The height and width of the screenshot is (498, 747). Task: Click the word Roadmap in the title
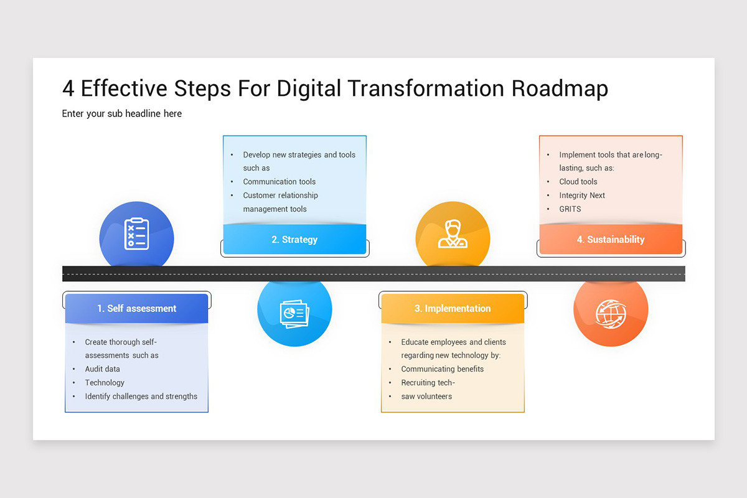tap(560, 88)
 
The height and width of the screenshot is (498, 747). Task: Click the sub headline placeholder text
tap(122, 114)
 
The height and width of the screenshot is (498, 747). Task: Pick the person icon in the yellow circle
tap(453, 235)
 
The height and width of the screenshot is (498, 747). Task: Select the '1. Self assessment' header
tap(136, 309)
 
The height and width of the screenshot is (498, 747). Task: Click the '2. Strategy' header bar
tap(294, 240)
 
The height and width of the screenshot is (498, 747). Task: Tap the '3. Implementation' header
tap(453, 309)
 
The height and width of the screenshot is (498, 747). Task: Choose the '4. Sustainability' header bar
tap(611, 240)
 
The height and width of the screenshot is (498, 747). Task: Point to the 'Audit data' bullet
tap(103, 369)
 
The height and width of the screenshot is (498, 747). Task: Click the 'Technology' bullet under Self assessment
tap(105, 383)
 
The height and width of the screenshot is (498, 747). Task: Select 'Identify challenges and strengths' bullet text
tap(141, 397)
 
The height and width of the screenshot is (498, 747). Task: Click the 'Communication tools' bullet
tap(279, 182)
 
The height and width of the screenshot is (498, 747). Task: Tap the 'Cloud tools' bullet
tap(578, 182)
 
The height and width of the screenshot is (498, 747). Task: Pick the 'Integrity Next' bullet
tap(582, 195)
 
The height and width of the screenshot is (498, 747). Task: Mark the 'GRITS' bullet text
tap(570, 209)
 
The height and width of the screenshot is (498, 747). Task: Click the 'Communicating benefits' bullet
tap(442, 369)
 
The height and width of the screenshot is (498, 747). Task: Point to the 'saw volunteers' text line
tap(426, 397)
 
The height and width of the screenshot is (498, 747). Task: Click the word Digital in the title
tap(310, 88)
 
